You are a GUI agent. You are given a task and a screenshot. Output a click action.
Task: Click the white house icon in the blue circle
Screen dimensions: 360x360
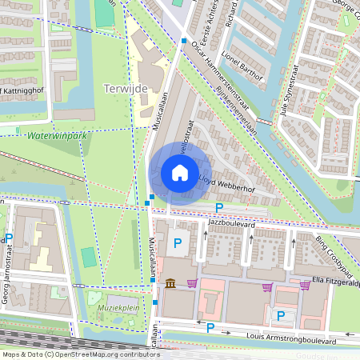179,172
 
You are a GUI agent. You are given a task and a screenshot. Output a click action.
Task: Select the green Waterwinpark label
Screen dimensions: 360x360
56,137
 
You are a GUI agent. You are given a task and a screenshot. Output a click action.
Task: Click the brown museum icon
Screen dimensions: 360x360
171,284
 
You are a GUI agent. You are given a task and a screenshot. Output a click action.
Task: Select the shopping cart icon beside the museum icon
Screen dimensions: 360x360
192,284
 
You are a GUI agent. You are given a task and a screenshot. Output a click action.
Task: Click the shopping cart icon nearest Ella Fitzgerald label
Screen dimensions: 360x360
305,284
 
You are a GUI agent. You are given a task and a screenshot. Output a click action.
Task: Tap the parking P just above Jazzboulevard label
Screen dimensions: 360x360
219,207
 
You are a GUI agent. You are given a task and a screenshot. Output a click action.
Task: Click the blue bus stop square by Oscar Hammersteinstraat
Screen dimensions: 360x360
184,40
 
